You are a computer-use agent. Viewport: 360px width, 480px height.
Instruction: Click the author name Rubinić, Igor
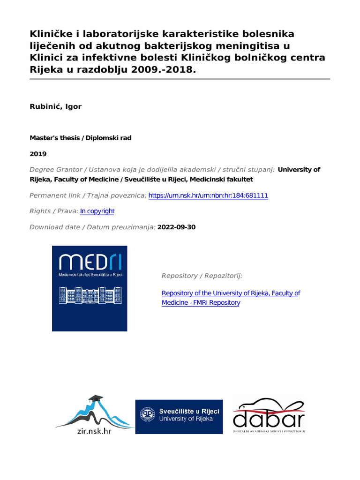[56, 106]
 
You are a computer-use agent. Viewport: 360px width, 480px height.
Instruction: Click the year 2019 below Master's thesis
[38, 154]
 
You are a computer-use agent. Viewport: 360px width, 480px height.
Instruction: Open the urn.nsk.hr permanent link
[208, 195]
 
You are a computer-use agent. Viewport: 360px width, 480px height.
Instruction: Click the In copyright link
[97, 211]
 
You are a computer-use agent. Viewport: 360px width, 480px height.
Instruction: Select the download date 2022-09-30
[177, 227]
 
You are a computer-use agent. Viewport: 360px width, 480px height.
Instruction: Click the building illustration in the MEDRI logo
[89, 295]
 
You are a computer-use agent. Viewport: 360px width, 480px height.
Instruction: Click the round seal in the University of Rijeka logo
[148, 414]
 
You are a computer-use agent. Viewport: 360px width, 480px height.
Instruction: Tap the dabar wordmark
[269, 418]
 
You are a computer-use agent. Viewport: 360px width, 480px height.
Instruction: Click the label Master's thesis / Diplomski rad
[80, 138]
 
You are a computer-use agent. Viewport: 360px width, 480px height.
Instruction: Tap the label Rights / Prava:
[53, 211]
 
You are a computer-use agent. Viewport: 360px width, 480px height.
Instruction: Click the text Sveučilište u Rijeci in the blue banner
[188, 411]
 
